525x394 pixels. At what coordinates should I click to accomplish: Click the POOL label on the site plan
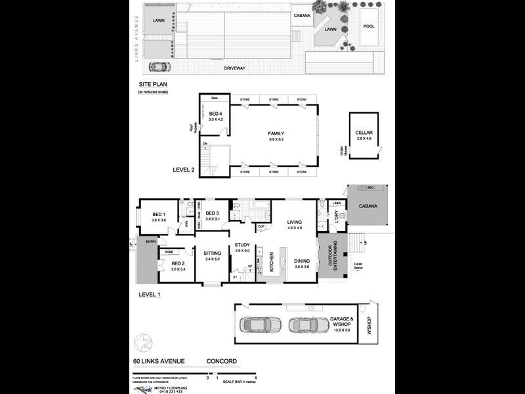(369, 27)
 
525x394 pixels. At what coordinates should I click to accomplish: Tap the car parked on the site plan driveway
(157, 66)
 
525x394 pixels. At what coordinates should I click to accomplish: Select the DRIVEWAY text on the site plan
(234, 68)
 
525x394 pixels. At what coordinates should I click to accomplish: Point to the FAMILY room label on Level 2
(276, 133)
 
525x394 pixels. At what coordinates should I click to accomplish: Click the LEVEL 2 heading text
(184, 169)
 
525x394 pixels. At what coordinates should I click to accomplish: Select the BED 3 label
(212, 213)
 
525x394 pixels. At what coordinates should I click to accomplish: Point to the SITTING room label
(212, 252)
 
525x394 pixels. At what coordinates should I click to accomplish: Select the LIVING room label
(293, 223)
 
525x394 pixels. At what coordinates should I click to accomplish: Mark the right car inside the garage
(308, 324)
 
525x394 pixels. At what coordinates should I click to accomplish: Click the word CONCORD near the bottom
(222, 361)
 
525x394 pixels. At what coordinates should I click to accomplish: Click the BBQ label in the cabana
(371, 188)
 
